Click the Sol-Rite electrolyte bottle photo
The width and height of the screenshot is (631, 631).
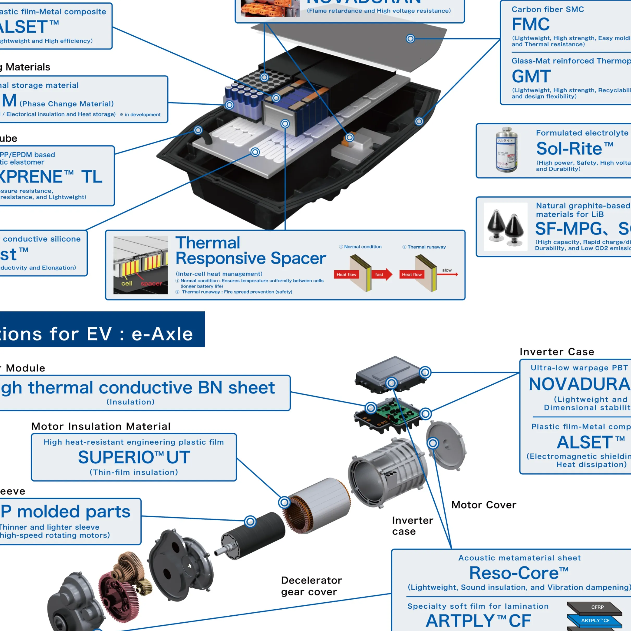(506, 150)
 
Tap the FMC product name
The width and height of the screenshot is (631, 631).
(530, 24)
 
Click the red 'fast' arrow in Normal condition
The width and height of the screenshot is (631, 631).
(381, 274)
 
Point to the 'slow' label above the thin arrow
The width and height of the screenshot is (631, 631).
(447, 270)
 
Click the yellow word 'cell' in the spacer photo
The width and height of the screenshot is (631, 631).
(127, 284)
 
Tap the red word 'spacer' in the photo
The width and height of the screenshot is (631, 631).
(151, 284)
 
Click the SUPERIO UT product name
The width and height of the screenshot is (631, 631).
(134, 457)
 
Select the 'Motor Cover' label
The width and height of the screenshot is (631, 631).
(484, 505)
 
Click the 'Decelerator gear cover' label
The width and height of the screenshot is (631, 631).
(311, 586)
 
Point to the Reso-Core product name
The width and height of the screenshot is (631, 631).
(519, 573)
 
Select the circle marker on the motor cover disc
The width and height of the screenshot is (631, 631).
(433, 443)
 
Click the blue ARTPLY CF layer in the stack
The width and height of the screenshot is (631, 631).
(595, 620)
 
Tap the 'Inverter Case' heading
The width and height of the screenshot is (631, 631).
(557, 352)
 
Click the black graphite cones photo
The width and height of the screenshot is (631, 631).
(505, 227)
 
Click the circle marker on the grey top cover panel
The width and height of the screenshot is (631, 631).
(410, 39)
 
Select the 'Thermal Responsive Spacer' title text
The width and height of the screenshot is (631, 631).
(251, 251)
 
